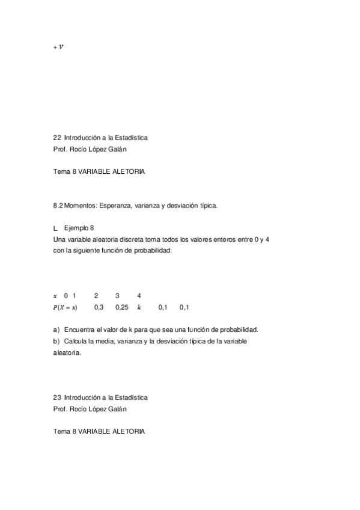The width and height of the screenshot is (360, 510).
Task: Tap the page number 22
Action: coord(57,138)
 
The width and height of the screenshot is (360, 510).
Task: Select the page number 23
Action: coord(57,398)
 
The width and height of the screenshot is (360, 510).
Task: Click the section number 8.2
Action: coord(58,206)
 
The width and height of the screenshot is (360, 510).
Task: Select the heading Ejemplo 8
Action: coord(79,229)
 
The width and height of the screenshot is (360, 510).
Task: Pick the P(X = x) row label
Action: coord(65,307)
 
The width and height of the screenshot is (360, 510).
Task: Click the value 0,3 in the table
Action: coord(99,307)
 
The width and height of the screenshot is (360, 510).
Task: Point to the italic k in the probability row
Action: coord(139,307)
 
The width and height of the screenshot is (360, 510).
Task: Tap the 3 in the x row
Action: coord(117,296)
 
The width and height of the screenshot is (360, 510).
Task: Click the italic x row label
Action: coord(55,296)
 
